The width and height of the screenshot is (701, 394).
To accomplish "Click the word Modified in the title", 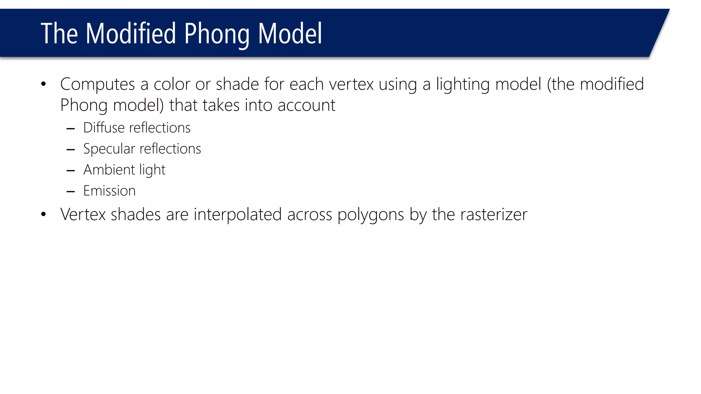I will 130,34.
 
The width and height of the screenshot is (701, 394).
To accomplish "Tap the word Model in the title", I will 290,34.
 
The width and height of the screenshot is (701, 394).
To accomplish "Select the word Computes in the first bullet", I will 98,84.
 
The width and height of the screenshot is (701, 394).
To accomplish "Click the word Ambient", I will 109,170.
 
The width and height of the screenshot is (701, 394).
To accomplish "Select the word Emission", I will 110,191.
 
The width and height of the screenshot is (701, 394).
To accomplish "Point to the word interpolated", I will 238,215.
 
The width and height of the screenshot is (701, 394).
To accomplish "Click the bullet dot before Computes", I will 43,84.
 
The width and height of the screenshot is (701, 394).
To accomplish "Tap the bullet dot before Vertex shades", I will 43,214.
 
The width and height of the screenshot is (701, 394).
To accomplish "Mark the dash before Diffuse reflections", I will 71,129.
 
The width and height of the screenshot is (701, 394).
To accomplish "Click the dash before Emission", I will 71,192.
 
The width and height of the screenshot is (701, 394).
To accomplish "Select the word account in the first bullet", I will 306,105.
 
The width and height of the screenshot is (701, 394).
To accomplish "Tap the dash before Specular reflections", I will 71,150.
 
